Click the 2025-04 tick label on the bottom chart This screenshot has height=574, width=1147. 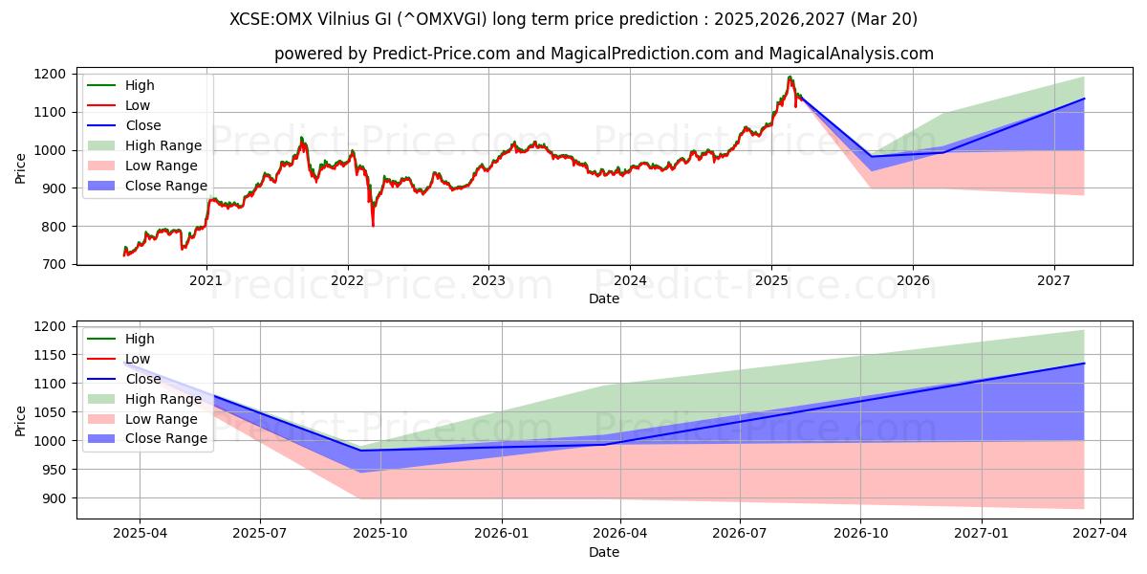click(x=140, y=534)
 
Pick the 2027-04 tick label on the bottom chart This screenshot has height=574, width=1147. click(x=1100, y=534)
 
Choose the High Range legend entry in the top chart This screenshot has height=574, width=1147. click(x=162, y=145)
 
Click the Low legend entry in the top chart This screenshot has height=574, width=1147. click(x=137, y=105)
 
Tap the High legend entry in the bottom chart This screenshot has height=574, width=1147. click(x=139, y=339)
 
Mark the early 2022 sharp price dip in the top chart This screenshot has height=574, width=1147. click(x=373, y=225)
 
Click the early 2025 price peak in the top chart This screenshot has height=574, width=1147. click(x=790, y=77)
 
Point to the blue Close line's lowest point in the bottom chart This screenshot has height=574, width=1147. click(x=360, y=451)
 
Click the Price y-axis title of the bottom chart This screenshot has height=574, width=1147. click(x=21, y=419)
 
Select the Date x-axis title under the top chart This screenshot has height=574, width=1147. click(x=603, y=298)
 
